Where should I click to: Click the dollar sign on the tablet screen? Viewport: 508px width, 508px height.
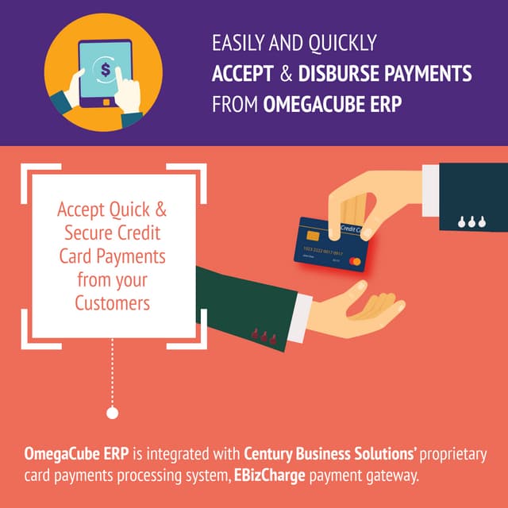click(x=105, y=69)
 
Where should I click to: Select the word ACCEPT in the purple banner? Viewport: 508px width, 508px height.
click(x=241, y=75)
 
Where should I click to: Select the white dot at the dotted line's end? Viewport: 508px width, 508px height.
click(x=112, y=413)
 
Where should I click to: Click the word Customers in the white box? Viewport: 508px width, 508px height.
click(x=112, y=302)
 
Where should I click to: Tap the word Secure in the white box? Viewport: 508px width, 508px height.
click(x=97, y=234)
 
